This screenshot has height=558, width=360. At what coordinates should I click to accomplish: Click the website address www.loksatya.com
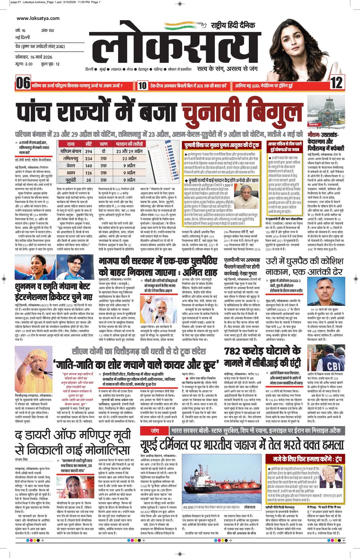38,18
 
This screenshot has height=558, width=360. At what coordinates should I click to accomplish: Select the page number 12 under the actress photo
336,83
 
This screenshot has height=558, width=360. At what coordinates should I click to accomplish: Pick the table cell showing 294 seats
89,151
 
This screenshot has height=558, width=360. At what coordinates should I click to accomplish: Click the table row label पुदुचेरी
71,180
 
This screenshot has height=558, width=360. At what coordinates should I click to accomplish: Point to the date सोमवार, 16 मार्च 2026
34,57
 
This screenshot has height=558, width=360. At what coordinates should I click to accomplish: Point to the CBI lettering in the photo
333,366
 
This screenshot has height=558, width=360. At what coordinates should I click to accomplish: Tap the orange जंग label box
155,430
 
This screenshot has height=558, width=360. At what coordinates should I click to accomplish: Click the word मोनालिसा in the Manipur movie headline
104,450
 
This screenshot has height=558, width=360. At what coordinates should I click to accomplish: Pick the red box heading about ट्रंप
304,459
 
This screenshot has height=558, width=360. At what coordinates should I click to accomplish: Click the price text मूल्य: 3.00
24,64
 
